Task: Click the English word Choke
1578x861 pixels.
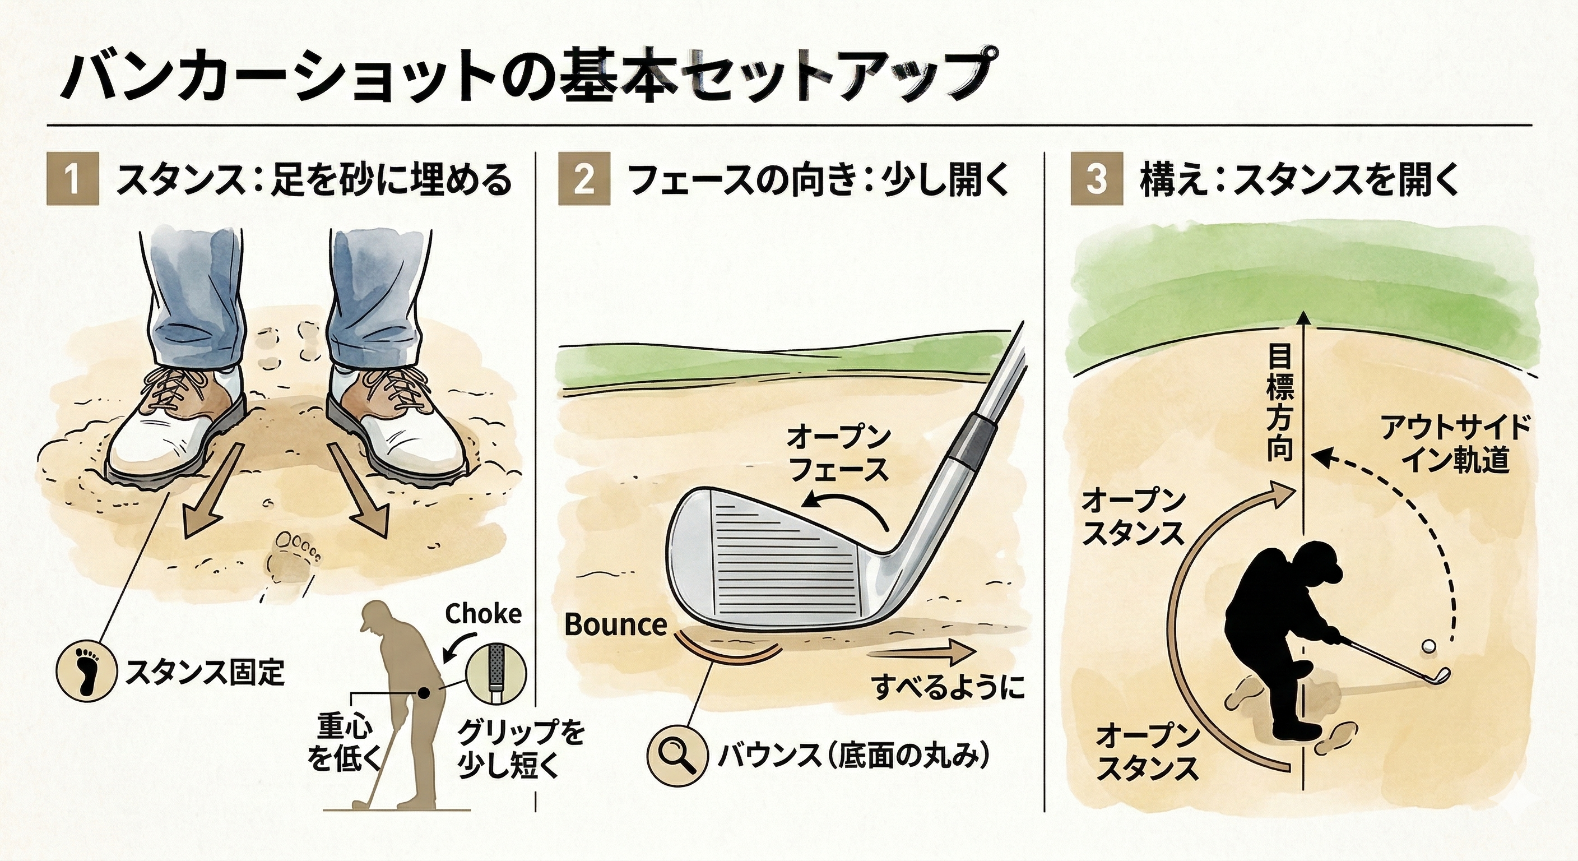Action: click(x=484, y=613)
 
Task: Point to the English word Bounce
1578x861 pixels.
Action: click(x=615, y=624)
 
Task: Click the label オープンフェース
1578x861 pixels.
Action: click(x=838, y=455)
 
